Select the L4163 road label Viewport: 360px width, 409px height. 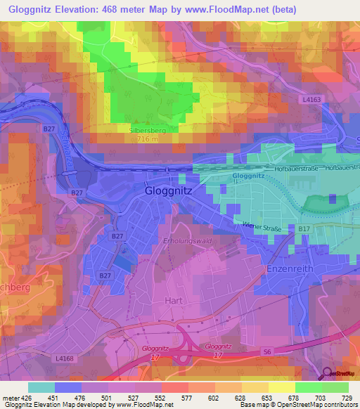coord(312,101)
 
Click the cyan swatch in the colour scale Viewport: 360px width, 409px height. coord(41,387)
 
